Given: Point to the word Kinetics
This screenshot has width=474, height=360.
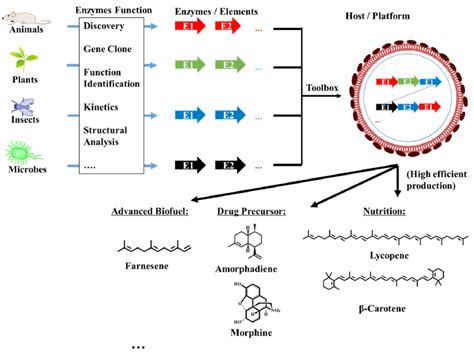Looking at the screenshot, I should click(x=103, y=103).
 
